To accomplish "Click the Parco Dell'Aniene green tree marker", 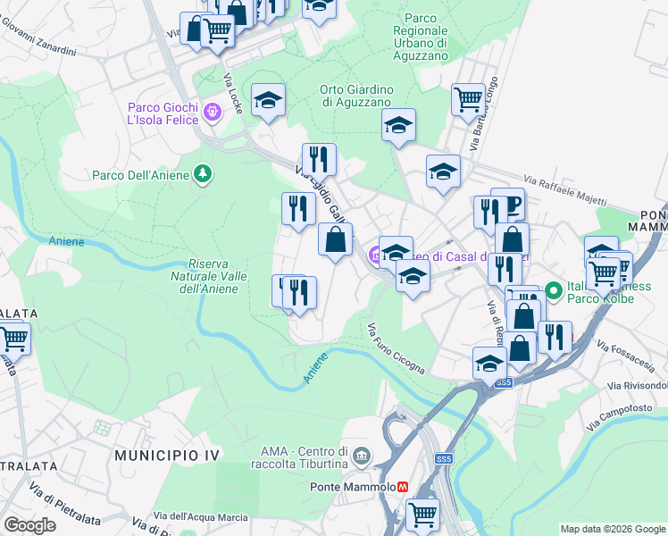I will point(204,174).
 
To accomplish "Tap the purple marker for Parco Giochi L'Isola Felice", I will point(212,112).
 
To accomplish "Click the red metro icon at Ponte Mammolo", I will point(404,487).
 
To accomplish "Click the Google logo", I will point(30,525).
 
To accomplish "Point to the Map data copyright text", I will point(613,529).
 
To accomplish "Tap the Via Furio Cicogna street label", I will point(395,348).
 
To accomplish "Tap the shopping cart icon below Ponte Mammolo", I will point(422,513).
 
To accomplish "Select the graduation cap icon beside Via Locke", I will point(268,100).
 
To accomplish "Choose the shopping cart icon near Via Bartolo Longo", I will point(468,99).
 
